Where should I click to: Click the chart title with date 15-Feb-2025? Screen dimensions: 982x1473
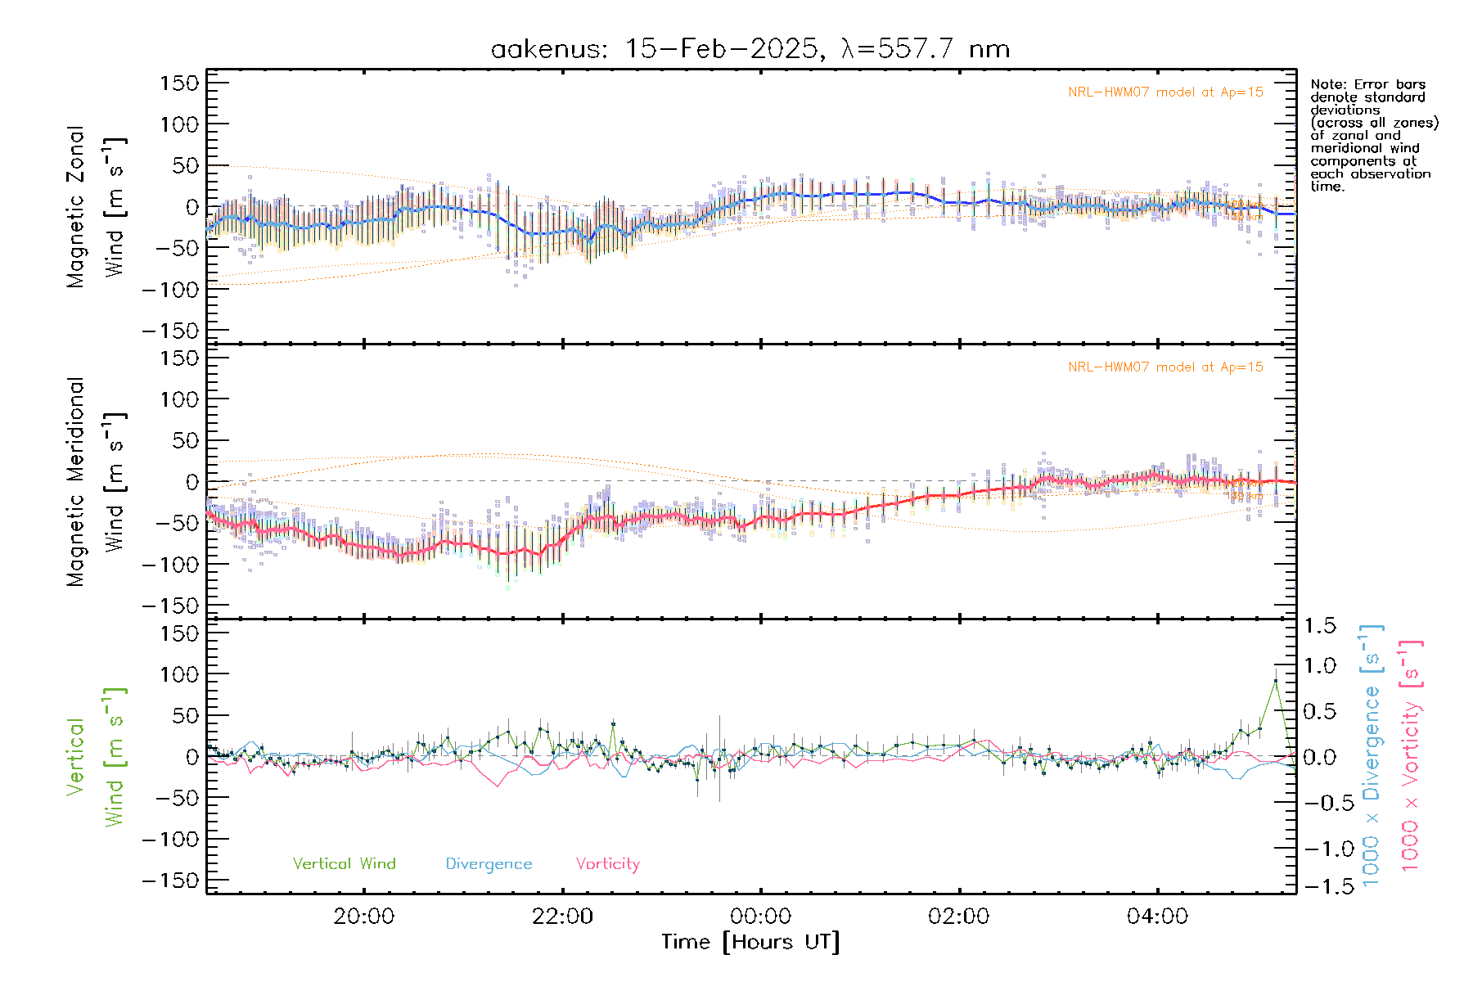pyautogui.click(x=750, y=49)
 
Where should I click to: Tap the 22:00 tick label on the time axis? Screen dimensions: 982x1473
pyautogui.click(x=562, y=917)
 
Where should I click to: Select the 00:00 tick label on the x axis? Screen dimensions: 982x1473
pyautogui.click(x=760, y=917)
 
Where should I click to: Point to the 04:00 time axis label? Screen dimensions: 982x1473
pyautogui.click(x=1157, y=917)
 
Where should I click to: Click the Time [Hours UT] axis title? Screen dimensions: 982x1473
pyautogui.click(x=750, y=942)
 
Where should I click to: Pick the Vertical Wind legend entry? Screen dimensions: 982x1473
pyautogui.click(x=344, y=863)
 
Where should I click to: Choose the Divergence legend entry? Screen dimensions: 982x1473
pyautogui.click(x=489, y=863)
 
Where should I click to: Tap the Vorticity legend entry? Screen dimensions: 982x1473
pyautogui.click(x=607, y=863)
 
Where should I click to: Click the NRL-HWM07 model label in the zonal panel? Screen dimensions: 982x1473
pyautogui.click(x=1165, y=92)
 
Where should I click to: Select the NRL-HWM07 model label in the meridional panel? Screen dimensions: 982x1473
pyautogui.click(x=1165, y=367)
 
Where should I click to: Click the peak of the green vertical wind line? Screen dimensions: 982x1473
pyautogui.click(x=1275, y=681)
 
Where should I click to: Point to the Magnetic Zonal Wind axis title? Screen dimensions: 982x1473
pyautogui.click(x=96, y=206)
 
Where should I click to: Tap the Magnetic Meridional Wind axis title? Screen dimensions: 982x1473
pyautogui.click(x=96, y=481)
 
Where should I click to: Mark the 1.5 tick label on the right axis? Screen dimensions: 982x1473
pyautogui.click(x=1319, y=626)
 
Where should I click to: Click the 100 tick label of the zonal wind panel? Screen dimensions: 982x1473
pyautogui.click(x=179, y=124)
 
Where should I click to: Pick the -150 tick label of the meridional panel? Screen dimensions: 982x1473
pyautogui.click(x=170, y=606)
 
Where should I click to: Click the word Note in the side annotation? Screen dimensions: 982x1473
pyautogui.click(x=1326, y=84)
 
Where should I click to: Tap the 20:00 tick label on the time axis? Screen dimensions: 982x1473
pyautogui.click(x=363, y=917)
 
